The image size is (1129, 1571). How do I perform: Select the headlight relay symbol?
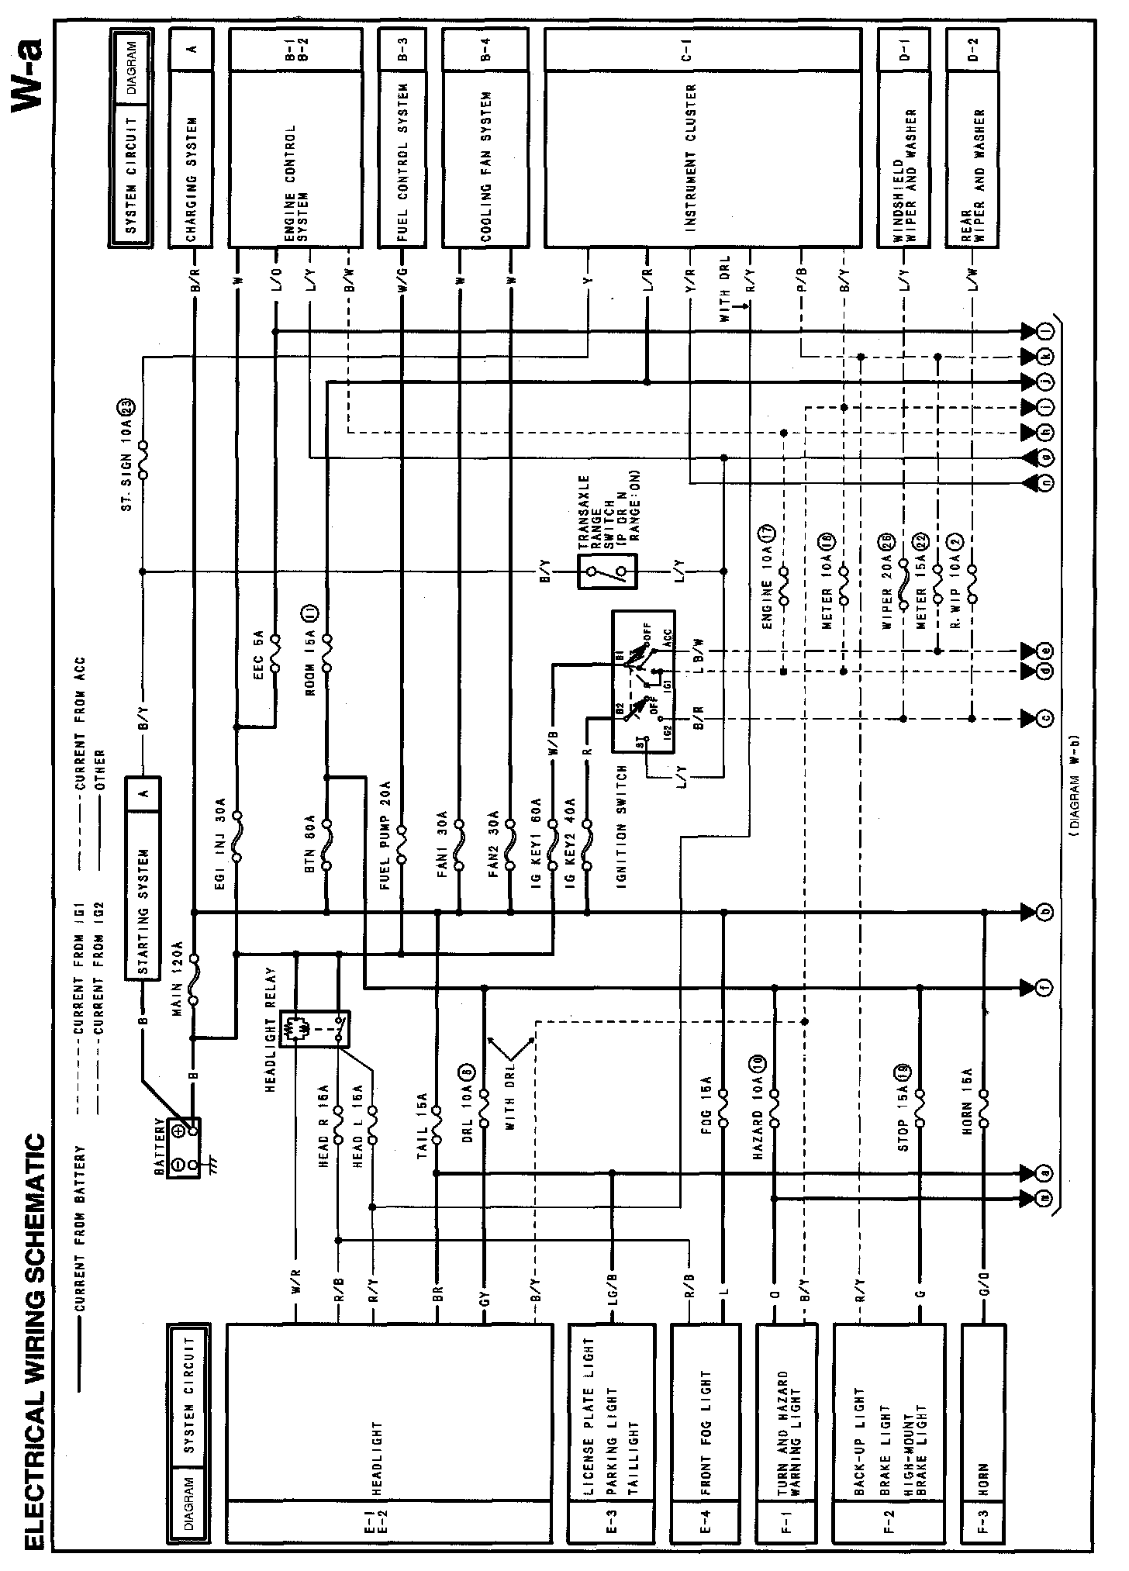[x=315, y=1028]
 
